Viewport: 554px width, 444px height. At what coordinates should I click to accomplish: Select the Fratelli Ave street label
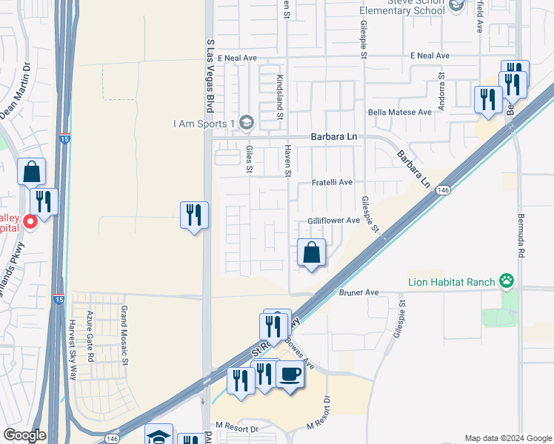coord(332,182)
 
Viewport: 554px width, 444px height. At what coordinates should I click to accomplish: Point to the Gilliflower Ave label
coord(333,221)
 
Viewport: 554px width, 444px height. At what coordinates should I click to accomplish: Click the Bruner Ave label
coord(359,293)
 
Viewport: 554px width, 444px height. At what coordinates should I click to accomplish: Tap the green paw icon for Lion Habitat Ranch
coord(507,280)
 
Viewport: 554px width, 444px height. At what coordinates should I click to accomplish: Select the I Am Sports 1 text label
coord(204,123)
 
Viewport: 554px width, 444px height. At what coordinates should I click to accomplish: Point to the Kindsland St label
coord(280,96)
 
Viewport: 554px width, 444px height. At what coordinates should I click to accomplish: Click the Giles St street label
coord(250,160)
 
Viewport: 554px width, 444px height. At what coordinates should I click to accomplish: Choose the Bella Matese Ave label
coord(400,112)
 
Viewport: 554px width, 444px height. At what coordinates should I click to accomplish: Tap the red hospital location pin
coord(30,221)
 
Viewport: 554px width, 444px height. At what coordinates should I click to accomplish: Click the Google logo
coord(25,435)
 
